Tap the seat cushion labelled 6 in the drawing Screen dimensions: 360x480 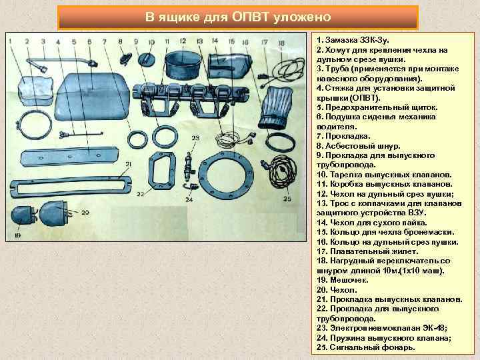[x=93, y=93]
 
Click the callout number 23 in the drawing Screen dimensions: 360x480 [x=195, y=139]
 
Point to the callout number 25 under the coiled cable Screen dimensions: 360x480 [x=287, y=199]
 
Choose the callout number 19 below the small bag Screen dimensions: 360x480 [x=17, y=235]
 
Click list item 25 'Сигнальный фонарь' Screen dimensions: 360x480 [x=365, y=347]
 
